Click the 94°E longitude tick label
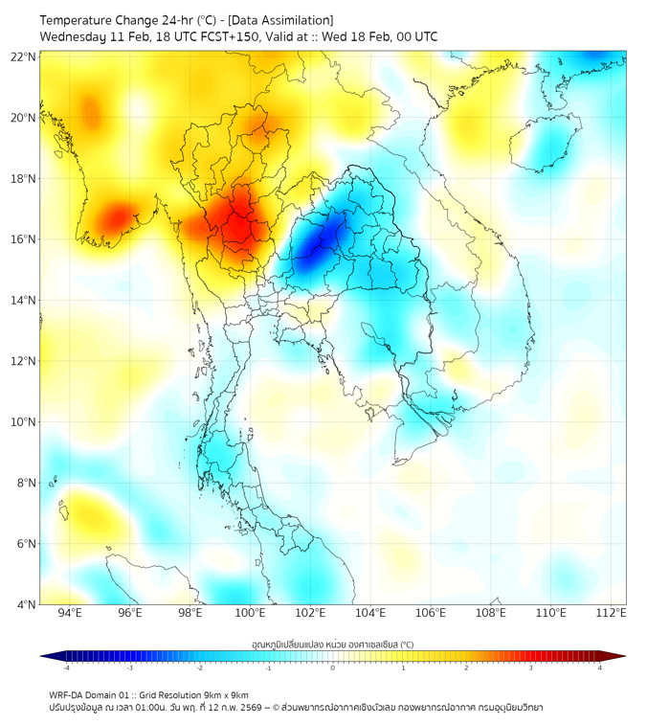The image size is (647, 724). pos(70,613)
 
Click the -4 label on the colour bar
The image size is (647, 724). pos(66,667)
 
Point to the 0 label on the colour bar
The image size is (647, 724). pos(333,667)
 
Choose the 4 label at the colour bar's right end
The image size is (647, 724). pos(600,667)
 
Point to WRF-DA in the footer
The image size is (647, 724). pos(66,695)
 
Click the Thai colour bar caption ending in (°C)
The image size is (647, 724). pos(332,645)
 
